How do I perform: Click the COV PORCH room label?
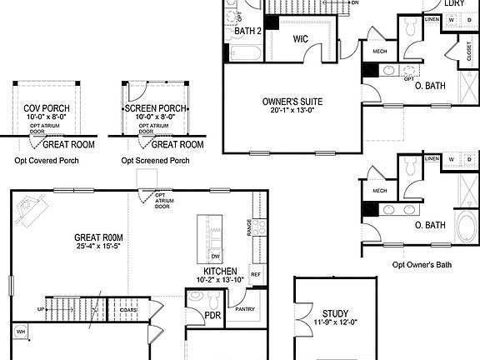(47, 108)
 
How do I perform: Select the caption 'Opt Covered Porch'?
(47, 160)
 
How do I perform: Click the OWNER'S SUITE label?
(292, 102)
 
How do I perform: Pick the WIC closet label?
(301, 39)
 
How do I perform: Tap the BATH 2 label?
(248, 32)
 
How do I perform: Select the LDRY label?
(454, 3)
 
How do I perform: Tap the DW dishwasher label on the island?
(215, 256)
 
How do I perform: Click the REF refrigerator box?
(256, 274)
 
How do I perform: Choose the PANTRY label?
(245, 309)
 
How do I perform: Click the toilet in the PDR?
(196, 296)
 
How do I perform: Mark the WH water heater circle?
(20, 332)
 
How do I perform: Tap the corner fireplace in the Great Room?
(30, 207)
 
